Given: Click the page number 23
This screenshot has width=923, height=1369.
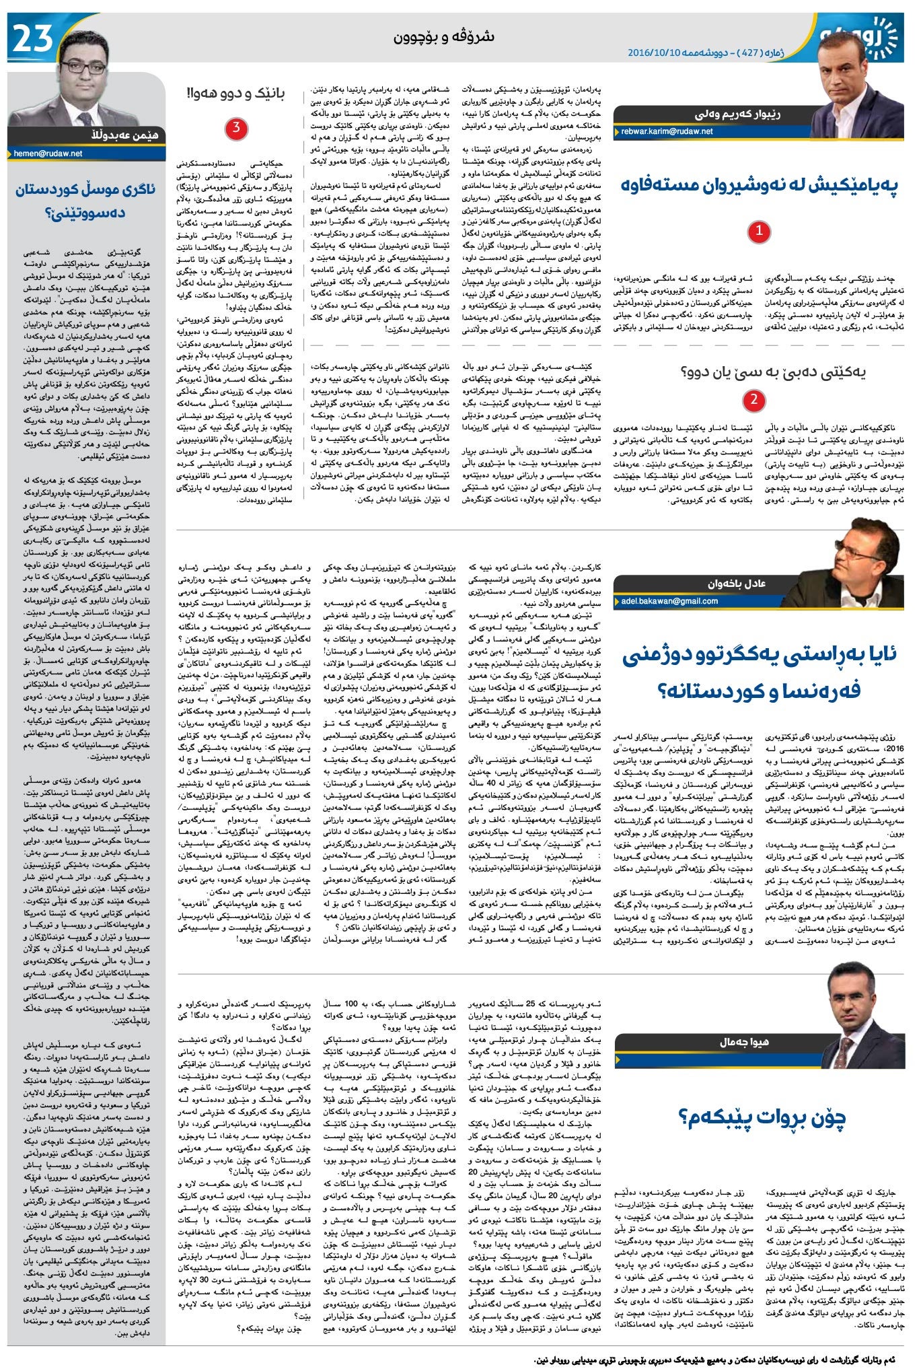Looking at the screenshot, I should (x=30, y=39).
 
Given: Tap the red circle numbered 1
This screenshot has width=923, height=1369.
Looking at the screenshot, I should (x=759, y=232).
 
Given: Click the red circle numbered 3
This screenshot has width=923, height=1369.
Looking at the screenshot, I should (x=236, y=129).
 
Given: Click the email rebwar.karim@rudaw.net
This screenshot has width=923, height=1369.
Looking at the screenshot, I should (x=667, y=132).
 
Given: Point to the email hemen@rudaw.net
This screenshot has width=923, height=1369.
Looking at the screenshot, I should (x=48, y=153).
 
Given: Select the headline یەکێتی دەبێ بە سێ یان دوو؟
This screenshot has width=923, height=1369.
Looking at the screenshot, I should (x=772, y=371).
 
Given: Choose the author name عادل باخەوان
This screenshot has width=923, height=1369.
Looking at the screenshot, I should (x=736, y=584).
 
